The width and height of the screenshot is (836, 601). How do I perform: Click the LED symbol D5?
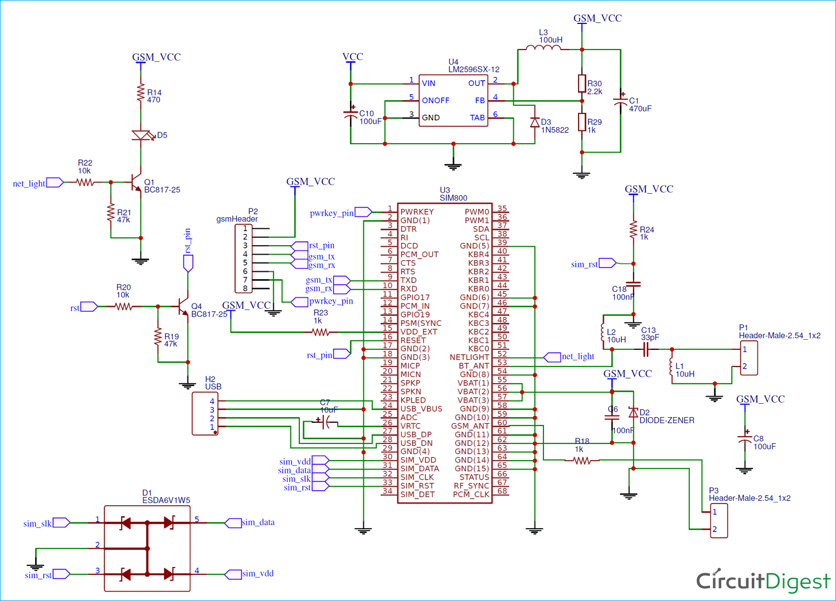point(141,135)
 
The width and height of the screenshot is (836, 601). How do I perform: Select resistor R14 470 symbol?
point(140,92)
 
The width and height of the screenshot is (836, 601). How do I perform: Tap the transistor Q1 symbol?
point(135,182)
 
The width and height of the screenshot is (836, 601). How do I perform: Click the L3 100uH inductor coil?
point(543,48)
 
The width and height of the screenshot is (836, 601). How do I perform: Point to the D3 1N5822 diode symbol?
point(534,123)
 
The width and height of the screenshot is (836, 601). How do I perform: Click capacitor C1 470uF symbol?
point(620,101)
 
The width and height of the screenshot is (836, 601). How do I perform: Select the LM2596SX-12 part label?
point(474,70)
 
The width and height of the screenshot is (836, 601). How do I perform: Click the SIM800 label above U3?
point(453,198)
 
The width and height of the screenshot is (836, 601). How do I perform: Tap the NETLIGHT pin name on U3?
point(469,357)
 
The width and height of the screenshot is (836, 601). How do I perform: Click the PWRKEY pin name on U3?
point(417,212)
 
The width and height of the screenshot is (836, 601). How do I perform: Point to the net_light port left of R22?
point(55,183)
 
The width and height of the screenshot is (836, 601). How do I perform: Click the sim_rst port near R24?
point(607,263)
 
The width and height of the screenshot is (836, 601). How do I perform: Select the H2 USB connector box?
point(205,413)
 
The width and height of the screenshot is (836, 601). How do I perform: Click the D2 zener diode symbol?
point(633,413)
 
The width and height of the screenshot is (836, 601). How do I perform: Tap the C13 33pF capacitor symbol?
point(645,349)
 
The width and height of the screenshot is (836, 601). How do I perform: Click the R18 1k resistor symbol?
point(582,461)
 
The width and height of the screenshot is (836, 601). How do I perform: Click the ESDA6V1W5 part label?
point(166,500)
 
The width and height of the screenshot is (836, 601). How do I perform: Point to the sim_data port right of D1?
point(233,522)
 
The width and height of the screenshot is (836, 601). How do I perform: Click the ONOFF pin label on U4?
point(435,100)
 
